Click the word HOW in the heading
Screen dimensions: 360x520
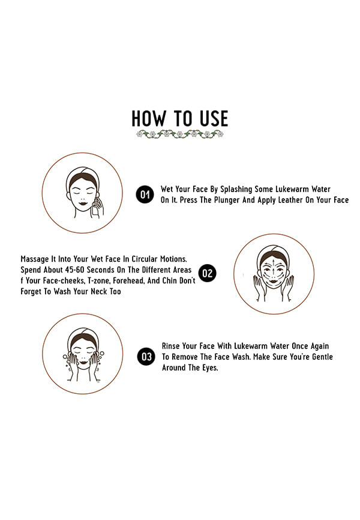pyautogui.click(x=149, y=118)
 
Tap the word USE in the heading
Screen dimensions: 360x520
pyautogui.click(x=214, y=118)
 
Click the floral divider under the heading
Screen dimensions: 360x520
pyautogui.click(x=180, y=135)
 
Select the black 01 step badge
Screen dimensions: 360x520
pyautogui.click(x=145, y=195)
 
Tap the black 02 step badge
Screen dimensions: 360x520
pyautogui.click(x=207, y=273)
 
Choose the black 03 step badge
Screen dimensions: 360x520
pyautogui.click(x=146, y=357)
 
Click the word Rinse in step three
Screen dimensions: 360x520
pyautogui.click(x=170, y=346)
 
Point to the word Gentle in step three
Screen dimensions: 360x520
pyautogui.click(x=322, y=357)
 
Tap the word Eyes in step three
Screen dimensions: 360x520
pyautogui.click(x=210, y=368)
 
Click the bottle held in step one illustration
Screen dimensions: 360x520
pyautogui.click(x=96, y=207)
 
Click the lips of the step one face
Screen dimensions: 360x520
pyautogui.click(x=83, y=203)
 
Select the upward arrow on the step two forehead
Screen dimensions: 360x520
pyautogui.click(x=273, y=262)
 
